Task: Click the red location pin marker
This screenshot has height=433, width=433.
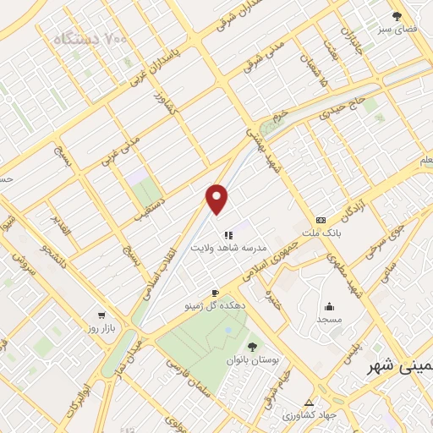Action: [x=217, y=200]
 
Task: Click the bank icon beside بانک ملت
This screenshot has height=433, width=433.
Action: [x=321, y=219]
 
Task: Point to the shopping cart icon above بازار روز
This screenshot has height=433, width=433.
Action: [x=101, y=313]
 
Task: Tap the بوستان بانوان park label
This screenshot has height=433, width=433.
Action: [x=251, y=360]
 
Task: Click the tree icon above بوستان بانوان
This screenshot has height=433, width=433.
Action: [x=251, y=346]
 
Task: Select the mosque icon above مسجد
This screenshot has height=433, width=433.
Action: [x=328, y=306]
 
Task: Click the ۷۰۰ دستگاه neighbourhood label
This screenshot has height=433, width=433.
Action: [x=88, y=40]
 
